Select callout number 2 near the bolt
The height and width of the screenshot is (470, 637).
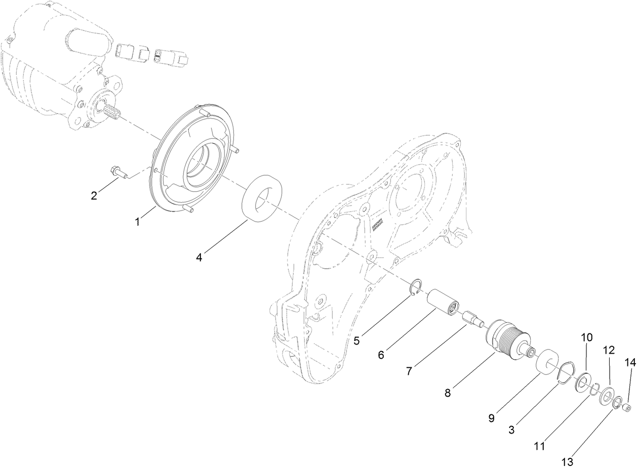[x=94, y=196]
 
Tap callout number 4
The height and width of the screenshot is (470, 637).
[x=199, y=258]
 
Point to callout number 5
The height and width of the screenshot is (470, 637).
[x=356, y=340]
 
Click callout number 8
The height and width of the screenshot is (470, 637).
[x=448, y=392]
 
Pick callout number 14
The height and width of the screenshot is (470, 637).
[x=629, y=362]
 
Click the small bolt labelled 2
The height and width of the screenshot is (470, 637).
[x=117, y=172]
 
